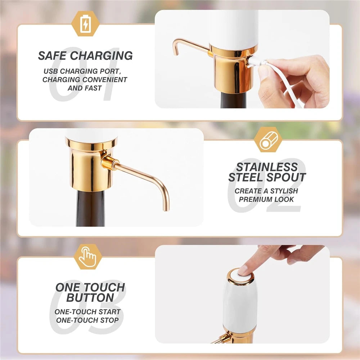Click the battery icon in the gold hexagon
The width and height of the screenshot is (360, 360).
pyautogui.click(x=85, y=24)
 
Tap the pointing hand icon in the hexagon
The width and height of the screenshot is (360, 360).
pyautogui.click(x=87, y=257)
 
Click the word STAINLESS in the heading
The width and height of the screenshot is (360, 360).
pyautogui.click(x=267, y=167)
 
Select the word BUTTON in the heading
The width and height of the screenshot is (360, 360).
pyautogui.click(x=90, y=298)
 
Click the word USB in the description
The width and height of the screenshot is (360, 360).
pyautogui.click(x=50, y=71)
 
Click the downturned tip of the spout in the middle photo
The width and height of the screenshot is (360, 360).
pyautogui.click(x=166, y=206)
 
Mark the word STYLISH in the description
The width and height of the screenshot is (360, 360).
pyautogui.click(x=284, y=191)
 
